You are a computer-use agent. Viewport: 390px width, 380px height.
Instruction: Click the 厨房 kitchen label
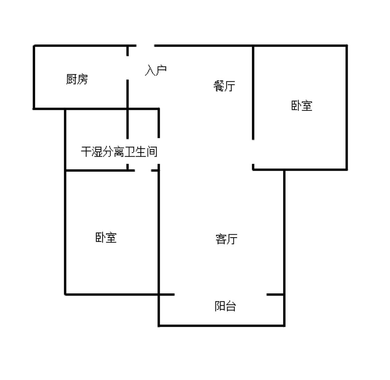[77, 79]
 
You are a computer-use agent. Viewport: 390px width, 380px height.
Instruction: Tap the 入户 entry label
[156, 70]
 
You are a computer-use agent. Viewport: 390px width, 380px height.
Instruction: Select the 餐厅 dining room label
[224, 86]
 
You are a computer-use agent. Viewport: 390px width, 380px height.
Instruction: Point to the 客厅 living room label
[226, 239]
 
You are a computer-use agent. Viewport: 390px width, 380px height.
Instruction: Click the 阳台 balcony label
[225, 306]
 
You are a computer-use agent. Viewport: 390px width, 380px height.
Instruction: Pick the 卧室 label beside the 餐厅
[302, 105]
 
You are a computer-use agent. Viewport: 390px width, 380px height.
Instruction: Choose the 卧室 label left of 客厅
[106, 237]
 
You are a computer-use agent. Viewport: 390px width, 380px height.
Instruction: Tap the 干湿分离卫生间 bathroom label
[119, 152]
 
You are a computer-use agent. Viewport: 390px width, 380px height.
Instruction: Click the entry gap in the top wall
[145, 46]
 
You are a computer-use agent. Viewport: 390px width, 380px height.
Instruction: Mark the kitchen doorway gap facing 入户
[128, 68]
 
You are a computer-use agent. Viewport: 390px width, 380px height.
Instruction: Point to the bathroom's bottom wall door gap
[143, 170]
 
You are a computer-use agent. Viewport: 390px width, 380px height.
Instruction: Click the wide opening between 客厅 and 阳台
[220, 295]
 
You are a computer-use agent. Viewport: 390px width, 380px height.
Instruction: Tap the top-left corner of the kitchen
[34, 46]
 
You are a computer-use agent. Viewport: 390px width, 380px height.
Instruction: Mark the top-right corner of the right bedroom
[347, 46]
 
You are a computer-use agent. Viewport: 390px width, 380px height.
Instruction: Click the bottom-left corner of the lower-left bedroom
[65, 294]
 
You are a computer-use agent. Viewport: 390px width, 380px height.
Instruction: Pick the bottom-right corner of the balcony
[284, 326]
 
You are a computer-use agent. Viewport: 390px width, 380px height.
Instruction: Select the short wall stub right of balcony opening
[275, 295]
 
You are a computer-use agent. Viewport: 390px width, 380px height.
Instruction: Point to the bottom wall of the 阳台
[222, 326]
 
